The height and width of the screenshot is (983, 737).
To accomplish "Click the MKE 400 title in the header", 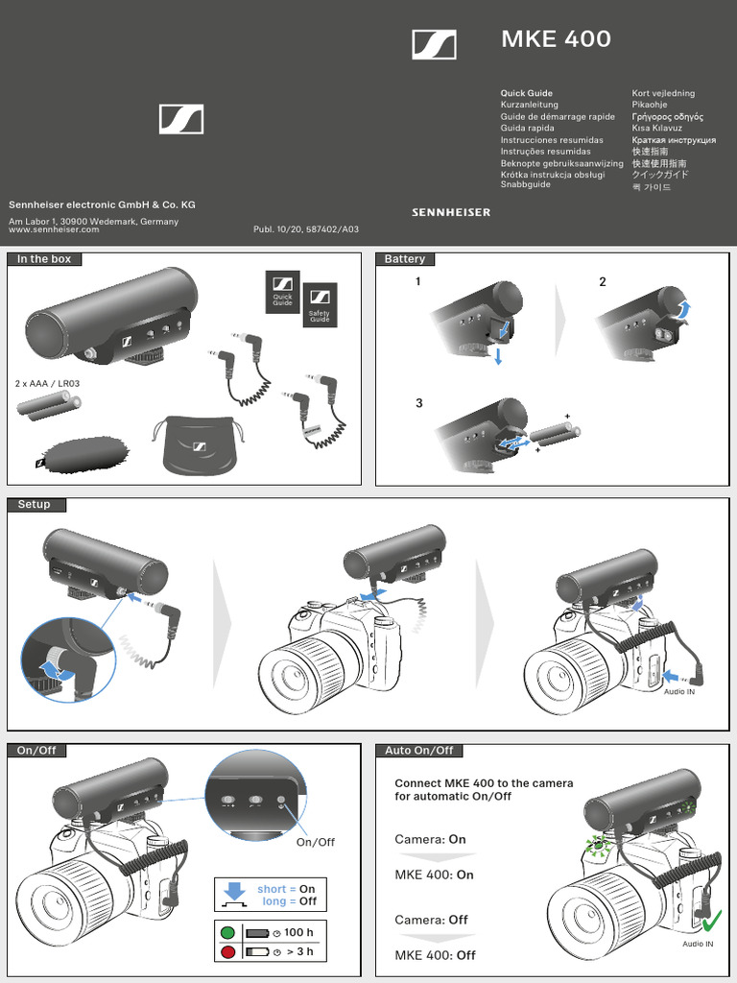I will tap(556, 39).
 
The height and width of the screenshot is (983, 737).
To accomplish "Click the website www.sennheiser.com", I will tap(54, 230).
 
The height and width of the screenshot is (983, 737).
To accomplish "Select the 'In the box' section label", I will tap(44, 259).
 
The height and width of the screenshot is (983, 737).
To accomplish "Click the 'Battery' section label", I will tap(405, 259).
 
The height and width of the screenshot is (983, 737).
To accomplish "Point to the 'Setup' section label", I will tap(34, 505).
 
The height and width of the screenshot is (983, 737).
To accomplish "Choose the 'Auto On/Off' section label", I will tap(419, 751).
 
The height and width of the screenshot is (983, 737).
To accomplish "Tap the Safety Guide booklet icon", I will tap(320, 304).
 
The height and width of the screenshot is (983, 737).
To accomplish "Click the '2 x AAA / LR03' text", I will tap(48, 384).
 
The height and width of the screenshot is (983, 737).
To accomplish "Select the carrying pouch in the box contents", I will tap(199, 445).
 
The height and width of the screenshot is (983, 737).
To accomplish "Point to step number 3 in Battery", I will tap(418, 403).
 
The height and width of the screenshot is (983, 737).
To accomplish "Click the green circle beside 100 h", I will tap(227, 932).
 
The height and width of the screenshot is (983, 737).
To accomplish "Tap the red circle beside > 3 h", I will tap(227, 952).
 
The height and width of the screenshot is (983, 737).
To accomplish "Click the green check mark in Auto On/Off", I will tap(711, 923).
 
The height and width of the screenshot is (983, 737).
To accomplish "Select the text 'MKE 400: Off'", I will tap(435, 955).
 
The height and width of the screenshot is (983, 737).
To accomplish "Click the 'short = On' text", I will tap(286, 889).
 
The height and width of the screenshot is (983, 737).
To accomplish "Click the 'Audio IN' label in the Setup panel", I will tap(679, 692).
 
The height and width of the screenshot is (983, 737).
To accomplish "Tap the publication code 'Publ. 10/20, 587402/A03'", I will tap(306, 230).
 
